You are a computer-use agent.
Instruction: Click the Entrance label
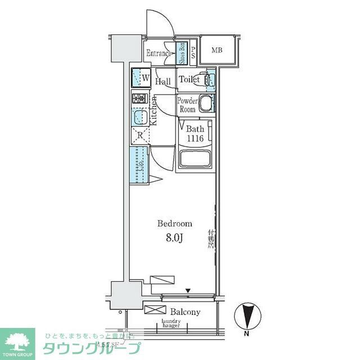coord(158,53)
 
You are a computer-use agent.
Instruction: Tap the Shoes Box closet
coord(182,53)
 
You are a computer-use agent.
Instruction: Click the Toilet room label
coord(189,80)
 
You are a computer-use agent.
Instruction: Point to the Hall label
coord(163,82)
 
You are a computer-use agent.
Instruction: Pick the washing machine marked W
coord(141,78)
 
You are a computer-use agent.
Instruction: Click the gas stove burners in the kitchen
coord(139,98)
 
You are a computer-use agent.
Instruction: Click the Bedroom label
coord(174,223)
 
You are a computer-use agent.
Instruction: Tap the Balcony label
coord(184,312)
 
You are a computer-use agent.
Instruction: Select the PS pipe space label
coord(193,53)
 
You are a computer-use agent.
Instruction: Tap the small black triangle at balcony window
coord(189,291)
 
